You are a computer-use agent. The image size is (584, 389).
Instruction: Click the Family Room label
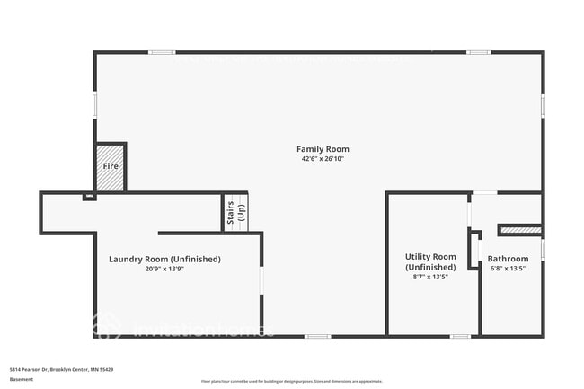tap(323, 149)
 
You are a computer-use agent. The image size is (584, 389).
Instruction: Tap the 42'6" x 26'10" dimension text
tap(323, 159)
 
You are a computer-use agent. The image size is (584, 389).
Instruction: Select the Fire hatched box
tap(111, 166)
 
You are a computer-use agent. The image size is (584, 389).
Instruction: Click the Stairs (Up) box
tap(235, 213)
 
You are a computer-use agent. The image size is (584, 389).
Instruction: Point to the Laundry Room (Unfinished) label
tap(164, 260)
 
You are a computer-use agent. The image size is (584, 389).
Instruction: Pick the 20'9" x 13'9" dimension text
tap(164, 269)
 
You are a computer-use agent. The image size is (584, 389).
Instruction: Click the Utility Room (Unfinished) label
tap(430, 261)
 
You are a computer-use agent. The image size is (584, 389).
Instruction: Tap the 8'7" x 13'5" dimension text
tap(430, 277)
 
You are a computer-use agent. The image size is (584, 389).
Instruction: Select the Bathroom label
tap(508, 260)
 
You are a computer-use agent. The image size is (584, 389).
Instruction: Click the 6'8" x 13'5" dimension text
tap(508, 269)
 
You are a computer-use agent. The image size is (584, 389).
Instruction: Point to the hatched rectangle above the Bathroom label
tap(520, 230)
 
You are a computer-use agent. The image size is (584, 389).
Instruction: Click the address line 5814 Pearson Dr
tap(61, 369)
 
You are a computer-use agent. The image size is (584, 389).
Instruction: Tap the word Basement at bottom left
tap(22, 379)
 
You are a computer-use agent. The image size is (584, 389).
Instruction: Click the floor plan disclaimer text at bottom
tap(291, 381)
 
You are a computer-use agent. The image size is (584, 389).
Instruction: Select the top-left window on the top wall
tap(162, 52)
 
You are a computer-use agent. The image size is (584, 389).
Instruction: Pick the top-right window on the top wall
tap(479, 52)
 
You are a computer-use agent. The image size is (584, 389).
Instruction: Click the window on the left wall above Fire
tap(95, 105)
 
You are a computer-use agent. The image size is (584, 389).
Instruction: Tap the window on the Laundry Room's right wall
tap(261, 280)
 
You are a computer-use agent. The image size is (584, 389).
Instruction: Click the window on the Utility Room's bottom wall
tap(461, 336)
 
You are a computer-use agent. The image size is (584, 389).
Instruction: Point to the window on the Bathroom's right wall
tap(542, 249)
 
